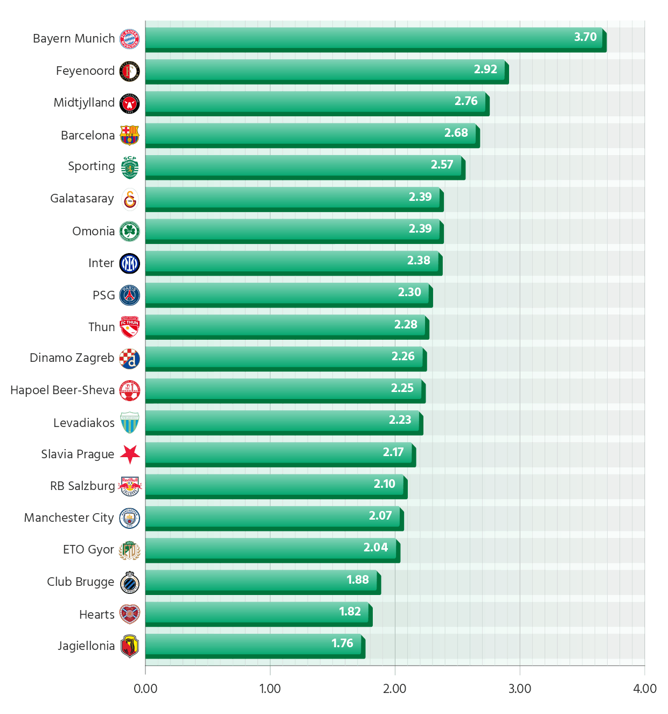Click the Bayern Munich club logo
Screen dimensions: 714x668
click(129, 39)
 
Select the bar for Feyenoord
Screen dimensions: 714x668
click(325, 69)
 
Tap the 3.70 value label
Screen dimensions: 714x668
click(585, 37)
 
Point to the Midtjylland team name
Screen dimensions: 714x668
click(84, 103)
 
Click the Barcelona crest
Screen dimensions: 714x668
click(129, 135)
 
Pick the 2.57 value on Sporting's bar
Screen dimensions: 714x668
click(442, 165)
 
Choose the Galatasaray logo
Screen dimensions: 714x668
click(130, 199)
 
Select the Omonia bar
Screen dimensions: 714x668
click(292, 229)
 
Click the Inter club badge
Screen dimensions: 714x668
click(129, 263)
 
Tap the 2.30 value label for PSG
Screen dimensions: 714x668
click(409, 292)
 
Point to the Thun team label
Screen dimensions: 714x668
click(101, 327)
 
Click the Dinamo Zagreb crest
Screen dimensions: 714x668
click(129, 359)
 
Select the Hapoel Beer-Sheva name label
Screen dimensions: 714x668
click(62, 390)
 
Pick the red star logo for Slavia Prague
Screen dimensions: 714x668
click(129, 454)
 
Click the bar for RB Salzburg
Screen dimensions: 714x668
click(274, 484)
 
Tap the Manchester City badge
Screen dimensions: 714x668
click(129, 518)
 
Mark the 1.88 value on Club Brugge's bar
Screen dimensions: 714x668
click(358, 580)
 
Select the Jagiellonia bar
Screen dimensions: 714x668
click(253, 643)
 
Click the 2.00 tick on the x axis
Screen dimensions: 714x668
click(395, 689)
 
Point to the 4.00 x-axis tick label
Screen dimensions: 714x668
click(645, 689)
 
